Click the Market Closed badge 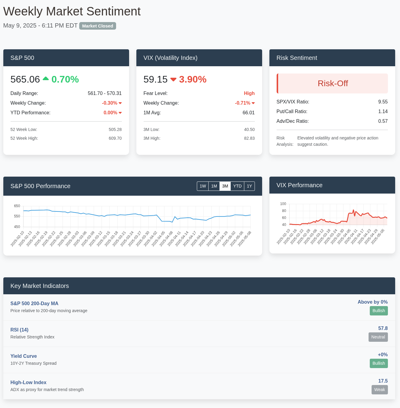coord(97,26)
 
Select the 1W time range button coord(203,186)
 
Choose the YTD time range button coord(237,186)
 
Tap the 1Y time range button coord(249,186)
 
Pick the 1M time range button coord(214,186)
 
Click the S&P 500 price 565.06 coord(25,79)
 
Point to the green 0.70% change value coord(65,79)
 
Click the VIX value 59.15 coord(155,79)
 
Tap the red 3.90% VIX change coord(193,79)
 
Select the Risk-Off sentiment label coord(333,83)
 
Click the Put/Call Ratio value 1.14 coord(383,112)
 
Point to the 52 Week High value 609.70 coord(115,138)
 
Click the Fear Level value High coord(249,93)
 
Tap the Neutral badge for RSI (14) coord(378,337)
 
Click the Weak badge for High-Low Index coord(379,390)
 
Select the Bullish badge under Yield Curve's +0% coord(379,363)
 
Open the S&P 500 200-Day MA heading coord(34,304)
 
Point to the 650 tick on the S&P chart coord(17,206)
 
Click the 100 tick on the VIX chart coord(283,204)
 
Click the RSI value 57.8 coord(383,328)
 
